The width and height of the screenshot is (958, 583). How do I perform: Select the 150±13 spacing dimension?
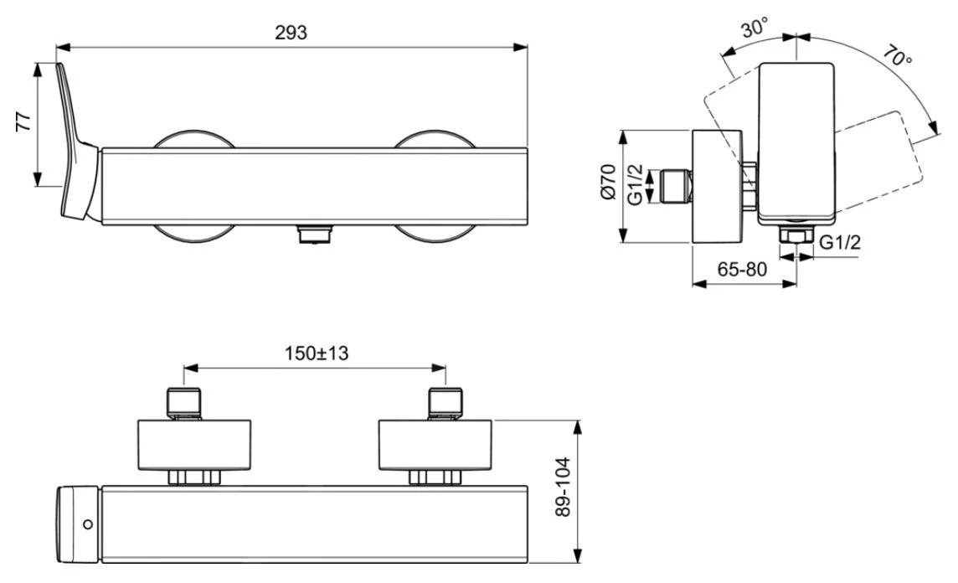click(316, 353)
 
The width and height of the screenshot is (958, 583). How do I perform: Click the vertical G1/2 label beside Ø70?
click(636, 184)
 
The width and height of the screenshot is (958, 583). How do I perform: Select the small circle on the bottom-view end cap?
click(89, 524)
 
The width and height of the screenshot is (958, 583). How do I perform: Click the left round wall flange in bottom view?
click(193, 445)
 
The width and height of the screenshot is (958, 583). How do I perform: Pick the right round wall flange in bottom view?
click(435, 445)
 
